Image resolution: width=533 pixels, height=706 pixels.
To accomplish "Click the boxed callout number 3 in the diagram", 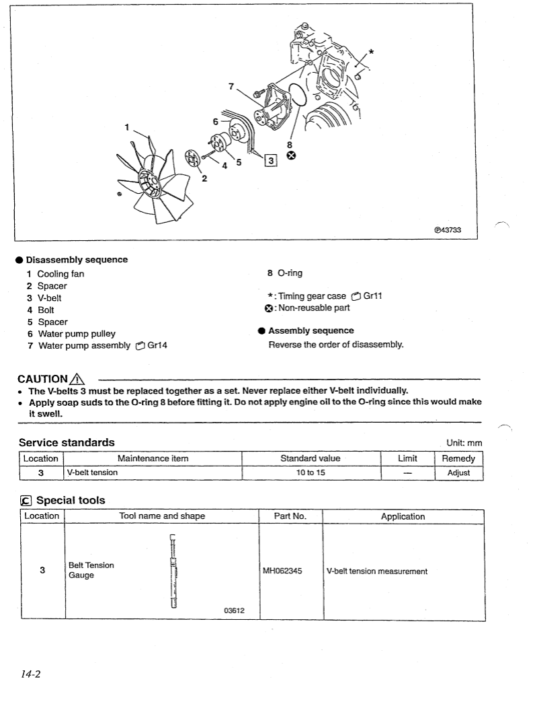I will pos(271,160).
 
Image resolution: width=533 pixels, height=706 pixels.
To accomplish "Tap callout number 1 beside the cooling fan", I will pos(126,126).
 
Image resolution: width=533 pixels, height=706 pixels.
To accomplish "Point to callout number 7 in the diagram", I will pos(231,86).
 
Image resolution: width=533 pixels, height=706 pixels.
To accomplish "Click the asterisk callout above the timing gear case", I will pos(371,51).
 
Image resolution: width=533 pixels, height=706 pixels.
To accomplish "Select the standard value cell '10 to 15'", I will pos(310,472).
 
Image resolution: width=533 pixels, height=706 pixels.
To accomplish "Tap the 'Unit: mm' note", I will pos(464,443).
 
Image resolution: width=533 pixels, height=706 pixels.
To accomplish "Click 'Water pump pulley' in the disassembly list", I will pos(77,334).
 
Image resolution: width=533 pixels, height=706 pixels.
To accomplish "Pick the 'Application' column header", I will pos(403,516).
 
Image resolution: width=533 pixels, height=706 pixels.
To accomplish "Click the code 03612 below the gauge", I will pos(234,610).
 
